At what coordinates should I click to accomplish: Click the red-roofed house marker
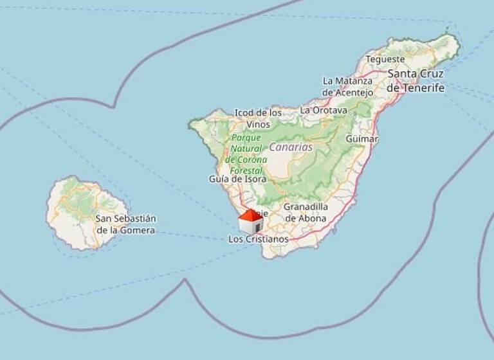pyautogui.click(x=251, y=221)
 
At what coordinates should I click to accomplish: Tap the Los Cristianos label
pyautogui.click(x=259, y=239)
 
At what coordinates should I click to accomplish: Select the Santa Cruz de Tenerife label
pyautogui.click(x=416, y=80)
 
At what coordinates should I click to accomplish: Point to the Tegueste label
pyautogui.click(x=385, y=59)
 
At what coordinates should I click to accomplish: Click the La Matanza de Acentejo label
pyautogui.click(x=347, y=86)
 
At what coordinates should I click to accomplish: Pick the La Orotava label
pyautogui.click(x=324, y=110)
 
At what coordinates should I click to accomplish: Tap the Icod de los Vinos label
pyautogui.click(x=258, y=118)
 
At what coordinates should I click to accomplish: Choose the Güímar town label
pyautogui.click(x=361, y=139)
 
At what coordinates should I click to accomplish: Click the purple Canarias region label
pyautogui.click(x=290, y=147)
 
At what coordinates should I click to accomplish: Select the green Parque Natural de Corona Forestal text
pyautogui.click(x=246, y=154)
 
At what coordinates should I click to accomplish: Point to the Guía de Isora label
pyautogui.click(x=237, y=179)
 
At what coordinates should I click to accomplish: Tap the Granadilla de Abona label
pyautogui.click(x=306, y=212)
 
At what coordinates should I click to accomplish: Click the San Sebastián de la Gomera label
pyautogui.click(x=125, y=224)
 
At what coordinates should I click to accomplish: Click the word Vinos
pyautogui.click(x=259, y=124)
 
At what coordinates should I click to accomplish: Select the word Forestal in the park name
pyautogui.click(x=246, y=170)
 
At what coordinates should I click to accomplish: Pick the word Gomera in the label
pyautogui.click(x=140, y=230)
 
